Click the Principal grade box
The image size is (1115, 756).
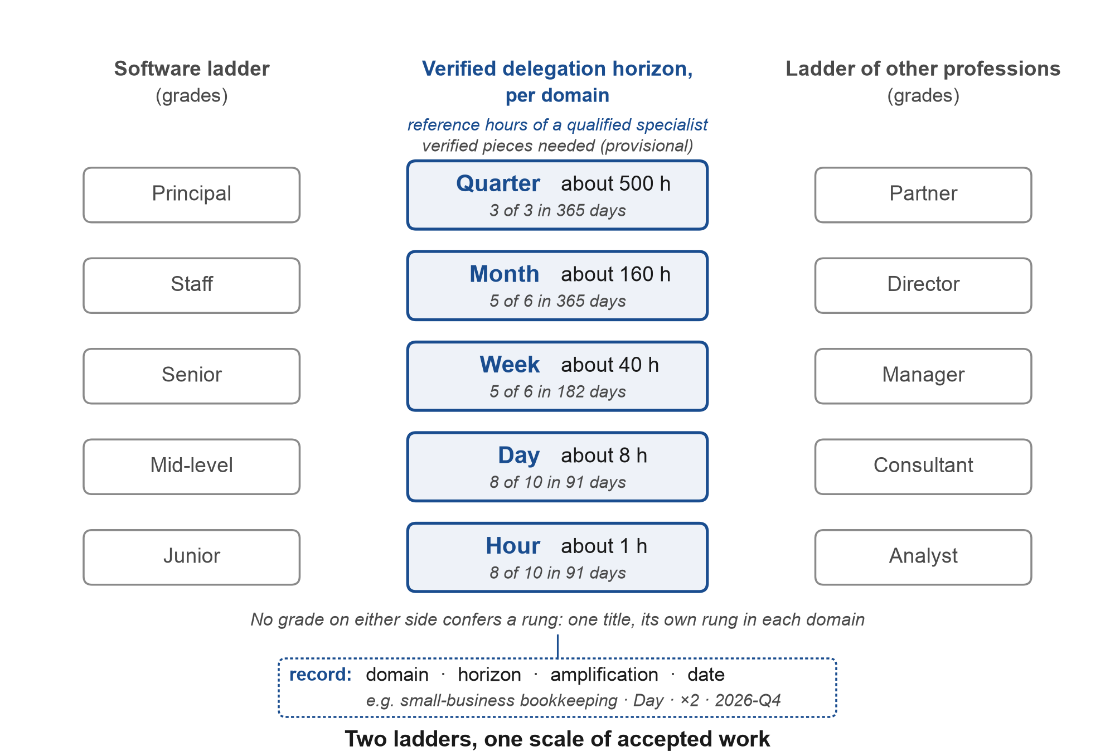coord(192,195)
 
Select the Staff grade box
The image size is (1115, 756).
coord(192,285)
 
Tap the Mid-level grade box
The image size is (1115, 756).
coord(192,467)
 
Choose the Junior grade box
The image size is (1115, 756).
coord(192,558)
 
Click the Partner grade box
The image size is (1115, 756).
coord(923,195)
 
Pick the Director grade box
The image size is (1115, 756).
coord(923,285)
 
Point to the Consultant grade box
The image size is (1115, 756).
coord(923,467)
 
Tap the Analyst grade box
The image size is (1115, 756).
coord(923,558)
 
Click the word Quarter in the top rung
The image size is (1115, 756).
coord(498,184)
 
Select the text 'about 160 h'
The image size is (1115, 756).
coord(615,274)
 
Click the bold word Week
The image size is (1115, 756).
coord(510,365)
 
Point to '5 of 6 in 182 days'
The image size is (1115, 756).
coord(557,392)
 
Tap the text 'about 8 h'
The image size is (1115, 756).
coord(604,455)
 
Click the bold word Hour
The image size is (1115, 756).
coord(513,546)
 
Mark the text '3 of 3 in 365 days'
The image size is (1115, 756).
coord(557,211)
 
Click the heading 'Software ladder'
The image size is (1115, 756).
coord(192,69)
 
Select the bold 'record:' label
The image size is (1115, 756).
coord(321,675)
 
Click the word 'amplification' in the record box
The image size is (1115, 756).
coord(604,675)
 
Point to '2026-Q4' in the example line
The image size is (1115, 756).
coord(748,700)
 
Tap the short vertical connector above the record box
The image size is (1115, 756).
coord(557,646)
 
